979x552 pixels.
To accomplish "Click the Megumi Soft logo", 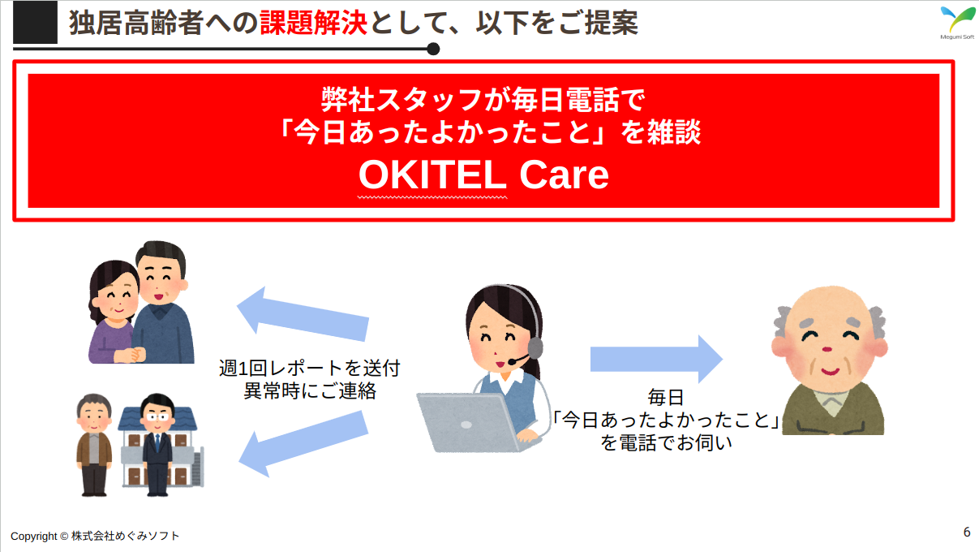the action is (x=957, y=23).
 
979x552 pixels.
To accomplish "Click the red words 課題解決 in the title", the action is (x=313, y=23).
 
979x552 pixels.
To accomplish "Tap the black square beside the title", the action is (x=35, y=22).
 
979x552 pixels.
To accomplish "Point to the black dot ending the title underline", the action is (x=432, y=49).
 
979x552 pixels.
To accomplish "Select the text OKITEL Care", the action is (x=483, y=175).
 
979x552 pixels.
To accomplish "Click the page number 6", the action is (x=967, y=532).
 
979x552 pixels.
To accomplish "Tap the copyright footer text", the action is (x=95, y=536).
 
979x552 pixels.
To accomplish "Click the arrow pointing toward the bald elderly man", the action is (x=656, y=359).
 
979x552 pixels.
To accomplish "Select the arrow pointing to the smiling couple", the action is (x=303, y=315).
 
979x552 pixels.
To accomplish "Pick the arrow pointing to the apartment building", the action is (x=303, y=442).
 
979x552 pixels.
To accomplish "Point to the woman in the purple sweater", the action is (x=114, y=313).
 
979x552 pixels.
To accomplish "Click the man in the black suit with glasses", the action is (x=157, y=445).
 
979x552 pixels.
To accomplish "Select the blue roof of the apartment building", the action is (x=157, y=419).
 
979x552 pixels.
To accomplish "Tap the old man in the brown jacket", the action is (x=94, y=445).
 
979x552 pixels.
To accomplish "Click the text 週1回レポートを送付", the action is (x=309, y=369).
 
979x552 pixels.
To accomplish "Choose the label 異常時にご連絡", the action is (x=310, y=390).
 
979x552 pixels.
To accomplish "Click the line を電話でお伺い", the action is (x=666, y=442).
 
